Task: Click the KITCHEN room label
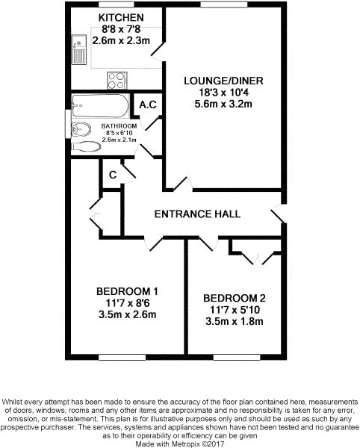click(121, 18)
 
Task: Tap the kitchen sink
click(78, 49)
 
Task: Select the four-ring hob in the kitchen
click(117, 81)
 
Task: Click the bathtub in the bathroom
click(100, 106)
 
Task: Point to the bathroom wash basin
click(81, 129)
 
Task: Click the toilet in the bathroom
click(86, 146)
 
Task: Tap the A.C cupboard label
click(148, 105)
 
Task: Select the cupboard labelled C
click(113, 174)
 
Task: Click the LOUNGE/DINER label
click(223, 81)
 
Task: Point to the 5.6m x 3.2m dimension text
click(223, 104)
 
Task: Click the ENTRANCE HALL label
click(197, 214)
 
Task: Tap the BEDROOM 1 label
click(127, 291)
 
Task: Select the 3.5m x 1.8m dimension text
click(235, 321)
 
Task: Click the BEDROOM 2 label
click(235, 298)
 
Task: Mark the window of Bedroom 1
click(122, 357)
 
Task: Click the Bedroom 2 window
click(237, 357)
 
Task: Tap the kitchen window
click(116, 4)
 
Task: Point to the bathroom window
click(68, 124)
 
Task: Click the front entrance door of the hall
click(279, 214)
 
